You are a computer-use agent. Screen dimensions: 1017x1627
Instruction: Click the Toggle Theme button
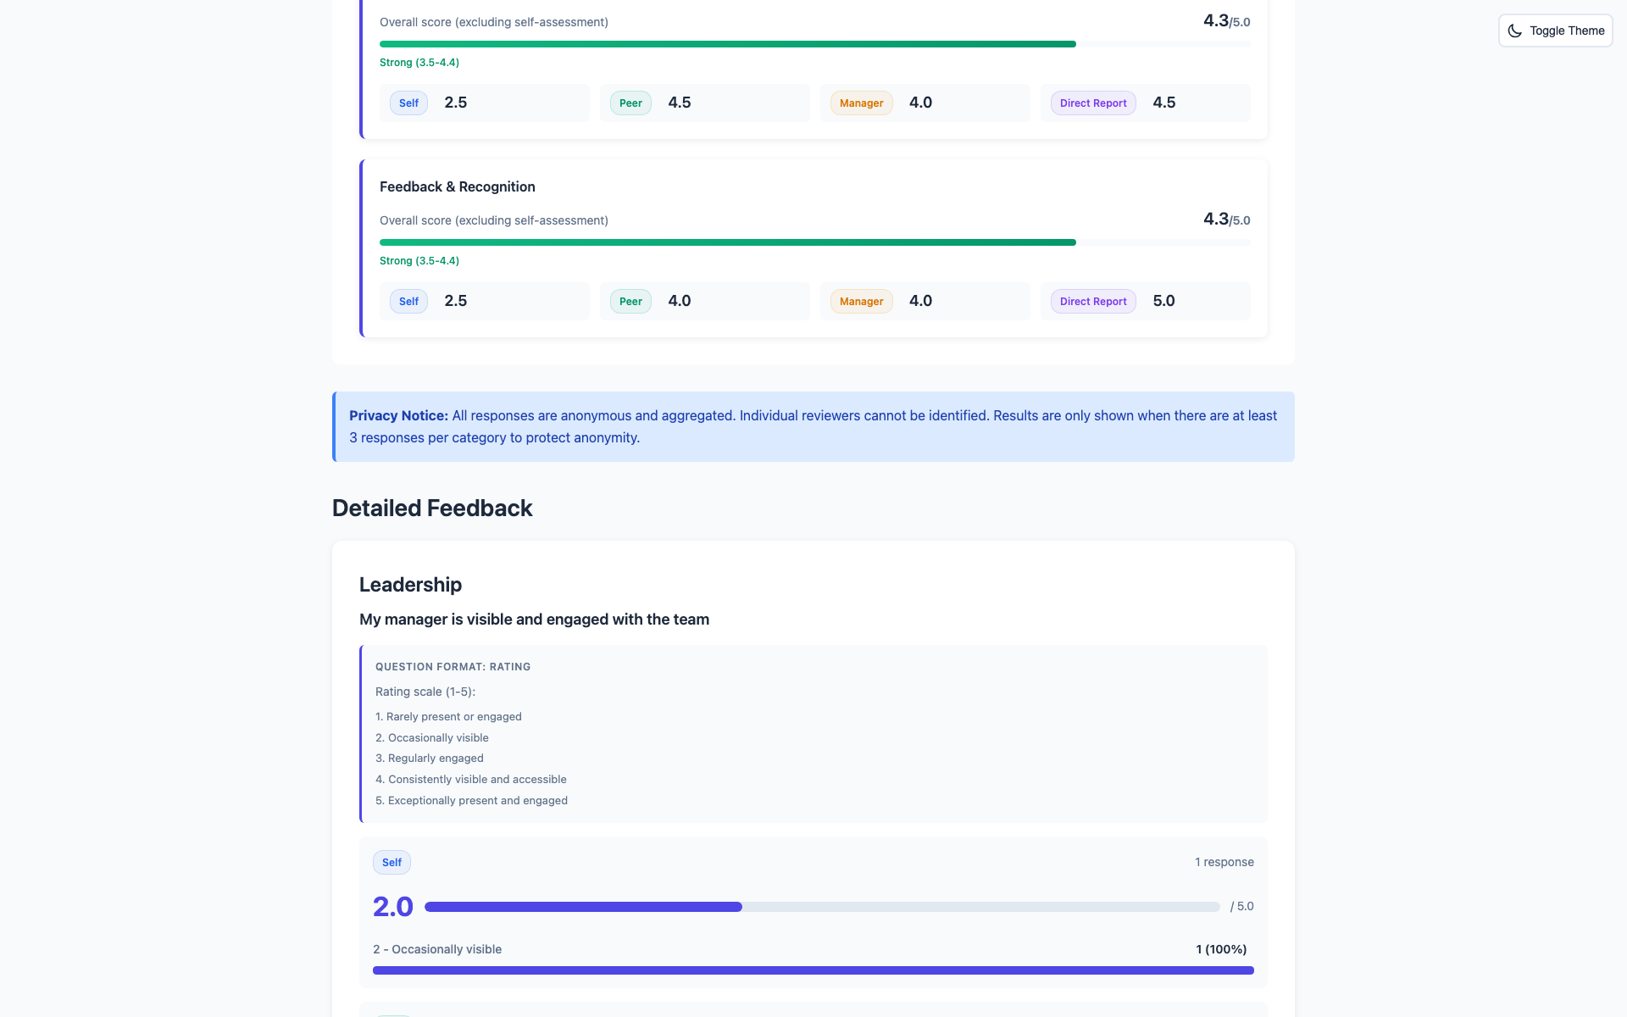(1555, 31)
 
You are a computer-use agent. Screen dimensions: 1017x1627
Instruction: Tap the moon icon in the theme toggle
(1515, 31)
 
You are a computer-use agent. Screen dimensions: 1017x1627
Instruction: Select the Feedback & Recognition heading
(457, 186)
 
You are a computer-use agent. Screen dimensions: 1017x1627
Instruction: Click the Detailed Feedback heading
(432, 508)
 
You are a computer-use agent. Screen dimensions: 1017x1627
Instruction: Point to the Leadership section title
(410, 585)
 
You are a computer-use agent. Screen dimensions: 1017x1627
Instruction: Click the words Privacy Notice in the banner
(398, 415)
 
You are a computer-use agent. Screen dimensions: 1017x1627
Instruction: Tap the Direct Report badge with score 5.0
(1093, 302)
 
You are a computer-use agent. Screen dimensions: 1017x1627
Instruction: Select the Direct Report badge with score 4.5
(1093, 103)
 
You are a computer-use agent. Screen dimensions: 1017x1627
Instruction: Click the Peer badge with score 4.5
(630, 103)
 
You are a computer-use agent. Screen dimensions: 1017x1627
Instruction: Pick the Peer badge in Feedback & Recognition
(630, 302)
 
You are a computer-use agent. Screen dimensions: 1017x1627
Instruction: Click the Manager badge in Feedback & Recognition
(861, 302)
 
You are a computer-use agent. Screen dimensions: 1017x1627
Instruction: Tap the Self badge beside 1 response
(391, 863)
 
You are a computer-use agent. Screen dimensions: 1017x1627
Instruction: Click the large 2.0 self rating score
(393, 907)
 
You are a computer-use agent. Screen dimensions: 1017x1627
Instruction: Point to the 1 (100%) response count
(1221, 949)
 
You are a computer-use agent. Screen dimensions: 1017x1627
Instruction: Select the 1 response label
(1224, 862)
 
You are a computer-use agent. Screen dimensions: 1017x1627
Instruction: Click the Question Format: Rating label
(453, 667)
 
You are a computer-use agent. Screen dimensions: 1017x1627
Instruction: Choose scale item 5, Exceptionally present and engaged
(471, 800)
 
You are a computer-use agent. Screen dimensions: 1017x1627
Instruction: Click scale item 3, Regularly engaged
(430, 758)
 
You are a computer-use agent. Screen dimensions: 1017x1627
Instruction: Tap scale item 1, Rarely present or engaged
(448, 716)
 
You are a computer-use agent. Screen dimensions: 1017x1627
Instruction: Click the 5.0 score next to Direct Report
(1163, 301)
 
